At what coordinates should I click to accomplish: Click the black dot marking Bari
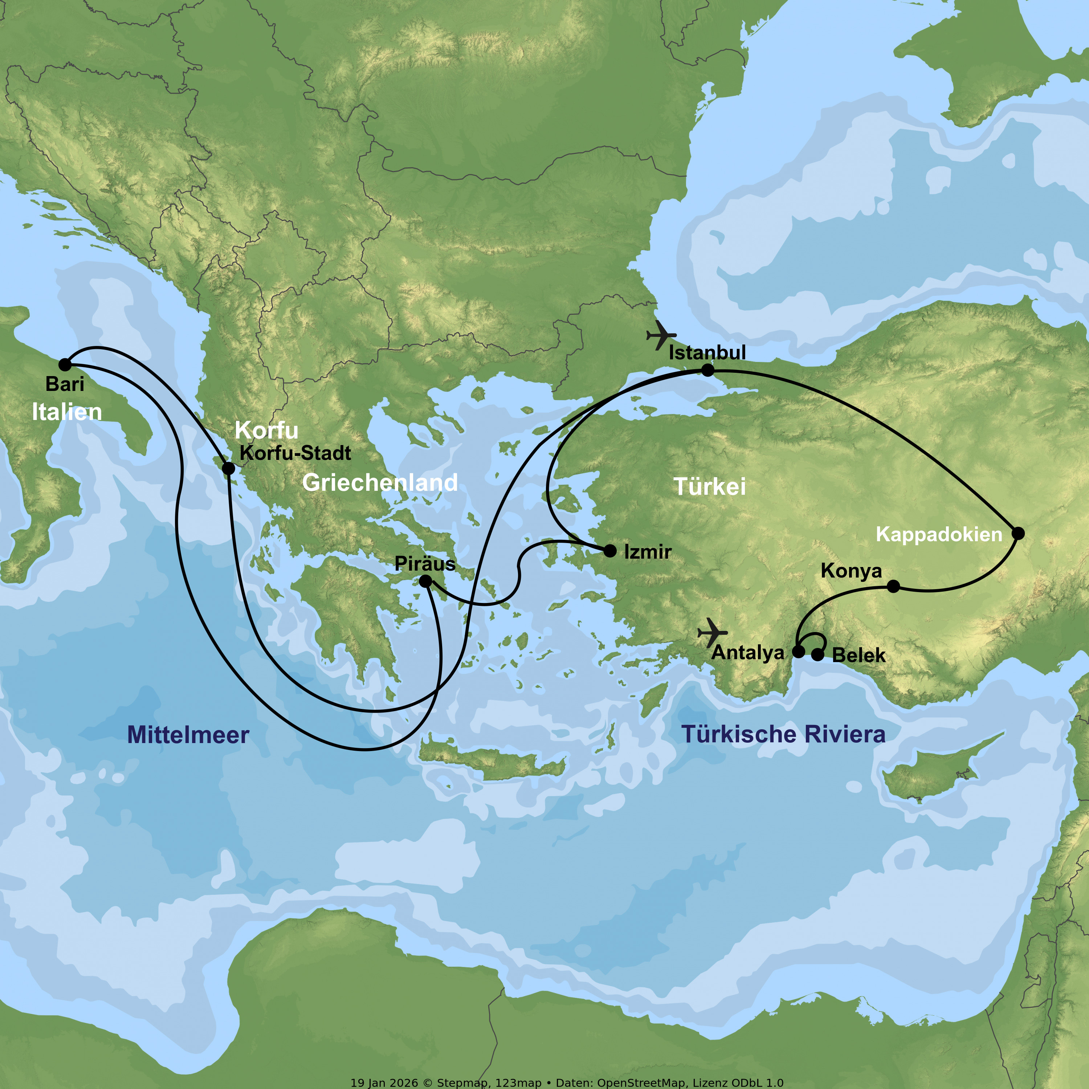click(65, 365)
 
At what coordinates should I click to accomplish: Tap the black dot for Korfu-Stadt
click(228, 468)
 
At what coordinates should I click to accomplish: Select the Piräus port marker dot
click(425, 580)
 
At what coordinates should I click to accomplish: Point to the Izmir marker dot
click(610, 551)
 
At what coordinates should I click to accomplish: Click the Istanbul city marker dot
click(707, 370)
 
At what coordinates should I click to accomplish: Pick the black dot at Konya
click(893, 587)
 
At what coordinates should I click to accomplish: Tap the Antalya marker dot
click(799, 652)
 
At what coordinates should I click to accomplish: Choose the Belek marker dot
click(817, 655)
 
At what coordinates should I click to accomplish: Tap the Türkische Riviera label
click(783, 734)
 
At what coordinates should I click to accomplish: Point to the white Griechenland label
click(380, 482)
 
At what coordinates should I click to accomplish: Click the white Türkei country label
click(710, 486)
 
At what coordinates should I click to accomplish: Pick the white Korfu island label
click(266, 430)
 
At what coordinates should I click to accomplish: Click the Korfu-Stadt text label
click(295, 453)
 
